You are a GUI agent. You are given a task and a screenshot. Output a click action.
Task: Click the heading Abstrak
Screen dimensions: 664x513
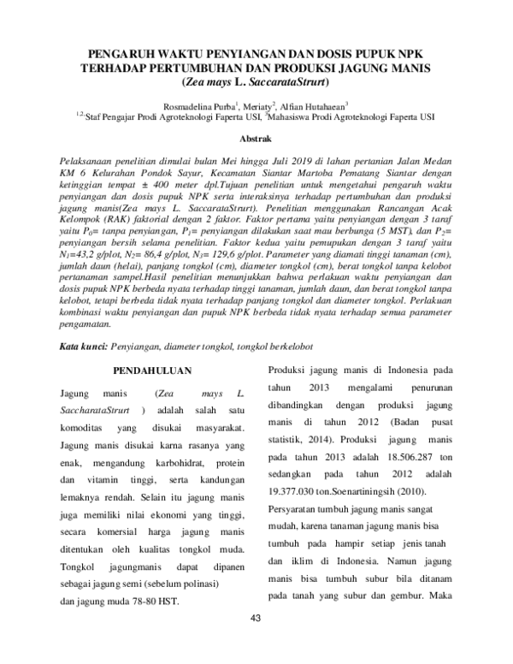(x=256, y=136)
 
